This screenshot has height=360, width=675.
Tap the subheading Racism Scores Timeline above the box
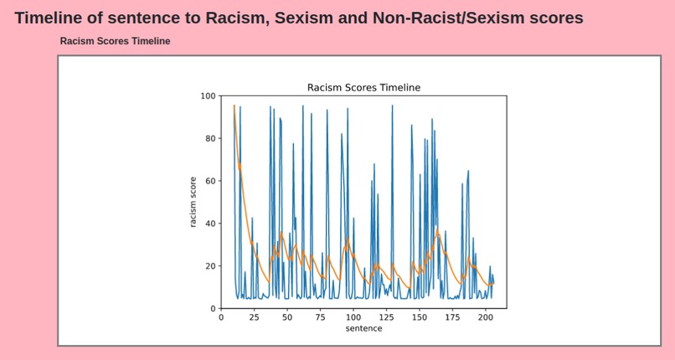pyautogui.click(x=115, y=41)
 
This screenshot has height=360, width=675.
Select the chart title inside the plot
pyautogui.click(x=363, y=87)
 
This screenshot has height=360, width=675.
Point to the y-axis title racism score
pyautogui.click(x=193, y=202)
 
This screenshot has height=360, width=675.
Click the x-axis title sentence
pyautogui.click(x=363, y=328)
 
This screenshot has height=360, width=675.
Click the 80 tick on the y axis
pyautogui.click(x=209, y=138)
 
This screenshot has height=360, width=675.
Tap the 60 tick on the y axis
pyautogui.click(x=209, y=181)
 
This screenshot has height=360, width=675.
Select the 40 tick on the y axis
pyautogui.click(x=209, y=224)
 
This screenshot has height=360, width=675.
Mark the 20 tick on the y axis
pyautogui.click(x=209, y=266)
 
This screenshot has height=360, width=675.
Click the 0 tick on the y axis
pyautogui.click(x=212, y=309)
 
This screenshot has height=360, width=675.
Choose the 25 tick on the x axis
pyautogui.click(x=254, y=317)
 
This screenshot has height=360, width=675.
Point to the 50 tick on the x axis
pyautogui.click(x=287, y=317)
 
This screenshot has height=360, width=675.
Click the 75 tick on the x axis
pyautogui.click(x=320, y=317)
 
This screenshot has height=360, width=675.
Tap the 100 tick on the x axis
pyautogui.click(x=353, y=317)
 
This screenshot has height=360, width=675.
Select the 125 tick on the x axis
pyautogui.click(x=386, y=317)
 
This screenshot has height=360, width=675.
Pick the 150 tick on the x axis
pyautogui.click(x=420, y=317)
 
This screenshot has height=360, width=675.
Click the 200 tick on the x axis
pyautogui.click(x=486, y=317)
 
